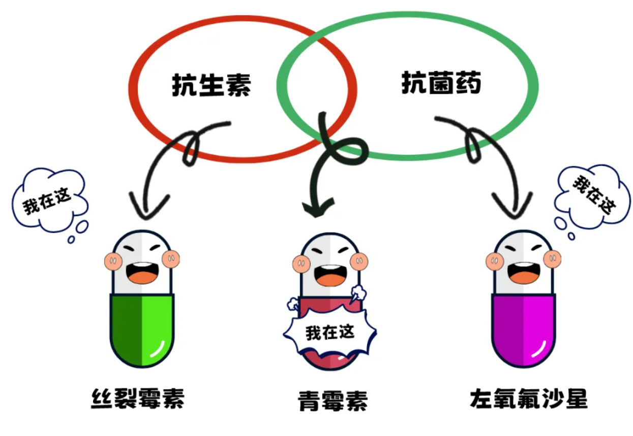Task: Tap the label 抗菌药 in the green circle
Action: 441,82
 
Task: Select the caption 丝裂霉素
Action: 138,398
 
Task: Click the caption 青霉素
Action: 333,401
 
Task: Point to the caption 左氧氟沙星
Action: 529,399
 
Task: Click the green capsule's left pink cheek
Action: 114,261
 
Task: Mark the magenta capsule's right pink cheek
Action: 552,259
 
